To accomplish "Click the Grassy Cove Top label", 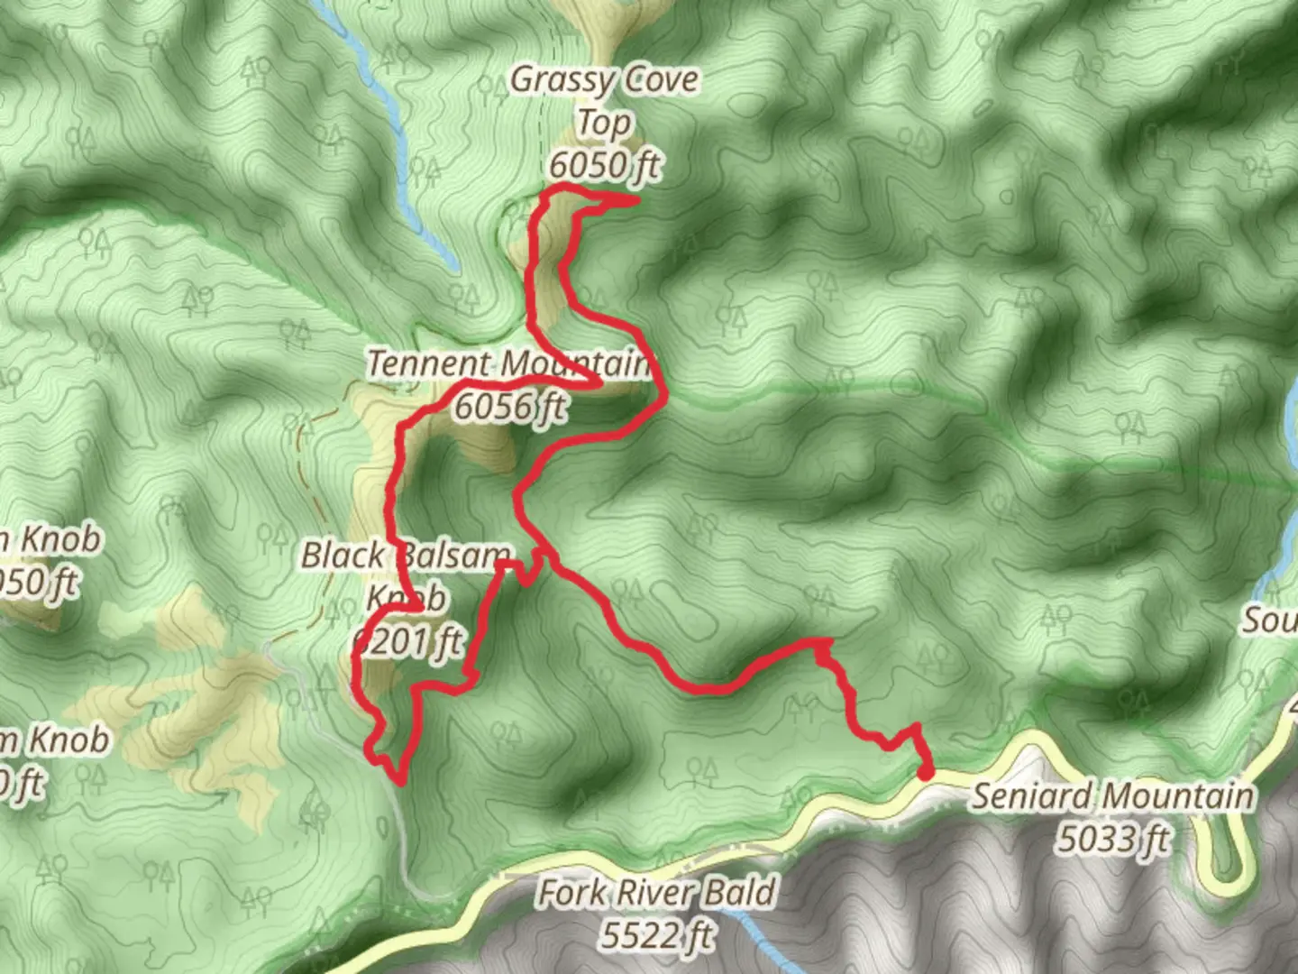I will coord(604,100).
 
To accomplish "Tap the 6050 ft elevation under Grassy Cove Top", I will coord(604,165).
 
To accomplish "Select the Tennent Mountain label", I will coord(508,364).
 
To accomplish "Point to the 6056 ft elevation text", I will coord(510,407).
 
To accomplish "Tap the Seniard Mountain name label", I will coord(1112,796).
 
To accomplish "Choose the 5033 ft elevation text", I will coord(1112,839).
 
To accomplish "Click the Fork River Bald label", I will coord(656,893).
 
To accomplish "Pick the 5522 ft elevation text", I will coord(657,935).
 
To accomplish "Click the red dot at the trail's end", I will coord(925,772).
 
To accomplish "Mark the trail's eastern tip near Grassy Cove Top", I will coord(635,199).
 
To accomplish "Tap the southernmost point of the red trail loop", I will coord(398,781).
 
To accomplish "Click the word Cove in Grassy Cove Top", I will coord(662,79).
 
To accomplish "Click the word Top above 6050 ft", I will coord(604,122).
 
